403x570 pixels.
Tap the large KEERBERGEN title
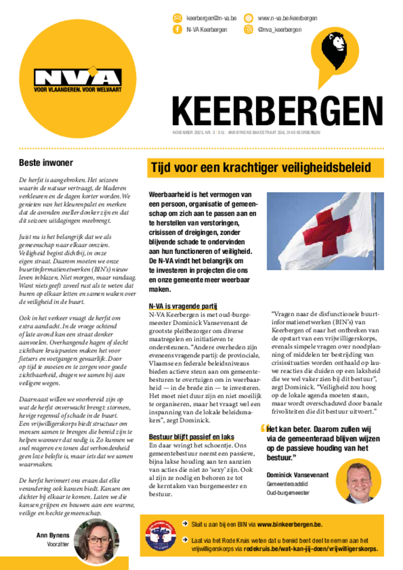pos(277,111)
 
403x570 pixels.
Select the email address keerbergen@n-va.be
pos(211,18)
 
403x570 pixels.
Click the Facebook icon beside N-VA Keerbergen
pos(177,30)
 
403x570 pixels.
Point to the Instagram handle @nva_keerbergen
pos(279,30)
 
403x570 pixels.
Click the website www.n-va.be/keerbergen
pos(287,18)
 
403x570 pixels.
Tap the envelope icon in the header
pos(177,18)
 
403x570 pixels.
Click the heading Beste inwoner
pos(46,163)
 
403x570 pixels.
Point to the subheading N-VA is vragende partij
pos(183,306)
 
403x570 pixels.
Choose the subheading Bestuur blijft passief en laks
pos(191,437)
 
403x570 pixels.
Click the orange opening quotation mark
pos(263,429)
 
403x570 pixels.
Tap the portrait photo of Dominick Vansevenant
pos(358,481)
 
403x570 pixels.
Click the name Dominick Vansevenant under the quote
pos(297,475)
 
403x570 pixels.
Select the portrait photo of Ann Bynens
pos(98,540)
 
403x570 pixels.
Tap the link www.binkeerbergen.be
pos(289,524)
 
